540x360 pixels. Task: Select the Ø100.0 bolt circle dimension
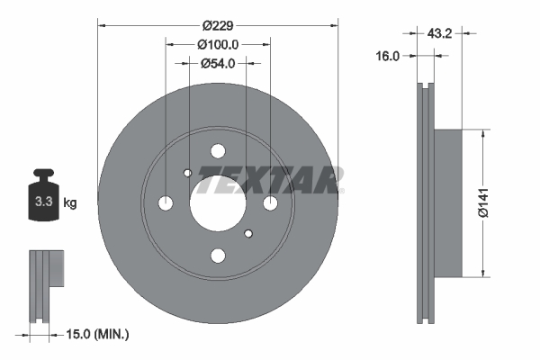point(217,44)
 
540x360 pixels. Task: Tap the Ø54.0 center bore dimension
point(217,64)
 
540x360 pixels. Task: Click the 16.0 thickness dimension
point(387,56)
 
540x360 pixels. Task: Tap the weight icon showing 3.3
point(41,199)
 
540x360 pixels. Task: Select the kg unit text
point(70,202)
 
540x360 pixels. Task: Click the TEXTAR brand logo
point(270,180)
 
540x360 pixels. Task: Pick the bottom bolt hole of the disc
point(217,256)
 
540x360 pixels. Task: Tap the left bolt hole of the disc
point(165,203)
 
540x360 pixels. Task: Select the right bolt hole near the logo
point(269,203)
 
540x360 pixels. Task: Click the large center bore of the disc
point(217,203)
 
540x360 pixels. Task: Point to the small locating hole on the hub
point(187,174)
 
